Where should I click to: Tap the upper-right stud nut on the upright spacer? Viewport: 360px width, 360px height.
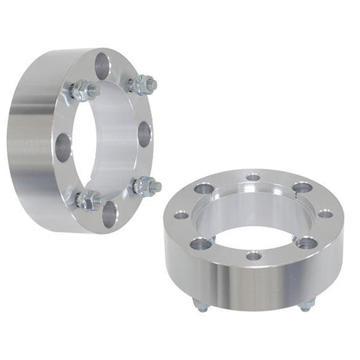pyautogui.click(x=142, y=84)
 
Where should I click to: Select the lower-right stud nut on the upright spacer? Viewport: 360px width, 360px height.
pyautogui.click(x=146, y=186)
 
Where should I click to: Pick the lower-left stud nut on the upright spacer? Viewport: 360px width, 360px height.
pyautogui.click(x=89, y=200)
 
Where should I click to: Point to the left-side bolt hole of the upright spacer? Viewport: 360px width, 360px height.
pyautogui.click(x=63, y=146)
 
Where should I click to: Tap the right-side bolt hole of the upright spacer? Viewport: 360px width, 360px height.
pyautogui.click(x=146, y=134)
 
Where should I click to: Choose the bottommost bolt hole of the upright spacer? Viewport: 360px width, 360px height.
pyautogui.click(x=109, y=214)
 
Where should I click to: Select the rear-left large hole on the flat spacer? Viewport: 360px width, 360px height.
pyautogui.click(x=205, y=189)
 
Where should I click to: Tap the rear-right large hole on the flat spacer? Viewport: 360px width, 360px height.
pyautogui.click(x=303, y=188)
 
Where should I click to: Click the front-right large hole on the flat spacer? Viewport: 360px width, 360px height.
pyautogui.click(x=307, y=243)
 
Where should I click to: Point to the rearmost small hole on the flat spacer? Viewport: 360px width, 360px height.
pyautogui.click(x=252, y=178)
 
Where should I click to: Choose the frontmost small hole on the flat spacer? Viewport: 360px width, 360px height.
pyautogui.click(x=254, y=256)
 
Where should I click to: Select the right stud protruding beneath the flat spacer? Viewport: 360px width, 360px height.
pyautogui.click(x=306, y=304)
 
